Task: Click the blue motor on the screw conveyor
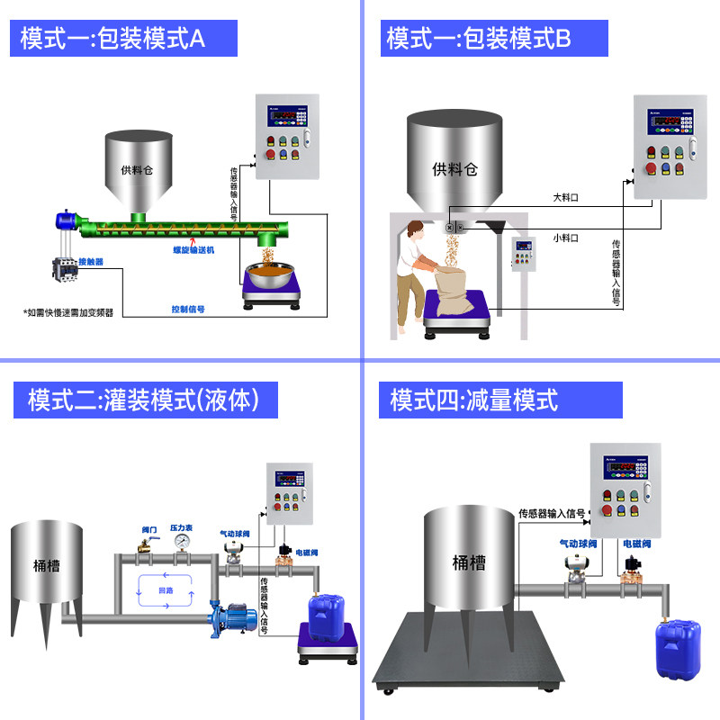(x=66, y=220)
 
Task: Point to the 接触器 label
(x=91, y=262)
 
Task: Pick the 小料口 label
(x=565, y=238)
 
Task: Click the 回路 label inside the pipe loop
(x=166, y=591)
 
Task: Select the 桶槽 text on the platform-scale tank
(x=469, y=563)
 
